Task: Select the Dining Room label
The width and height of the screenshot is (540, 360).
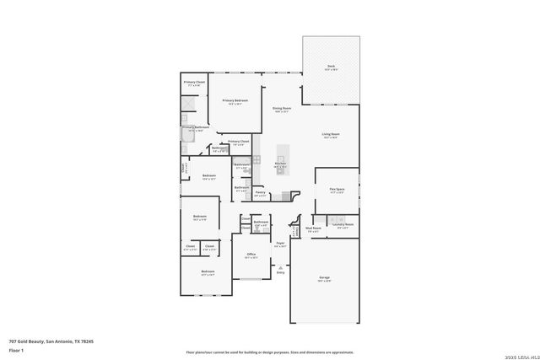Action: coord(281,109)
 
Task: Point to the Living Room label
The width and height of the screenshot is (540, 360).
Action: coord(330,135)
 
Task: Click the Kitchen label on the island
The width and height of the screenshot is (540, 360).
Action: coord(280,164)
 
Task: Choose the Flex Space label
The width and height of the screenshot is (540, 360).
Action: coord(337,191)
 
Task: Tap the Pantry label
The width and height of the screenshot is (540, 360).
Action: coord(261,194)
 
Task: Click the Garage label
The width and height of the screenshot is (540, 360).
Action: coord(324,278)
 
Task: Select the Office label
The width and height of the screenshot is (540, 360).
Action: coord(251,255)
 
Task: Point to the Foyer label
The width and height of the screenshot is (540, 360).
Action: coord(279,244)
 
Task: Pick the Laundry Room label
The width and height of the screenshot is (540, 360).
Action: coord(342,225)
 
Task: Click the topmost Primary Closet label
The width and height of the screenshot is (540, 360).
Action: coord(194,83)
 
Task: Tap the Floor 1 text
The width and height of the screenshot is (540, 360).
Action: coord(16,349)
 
